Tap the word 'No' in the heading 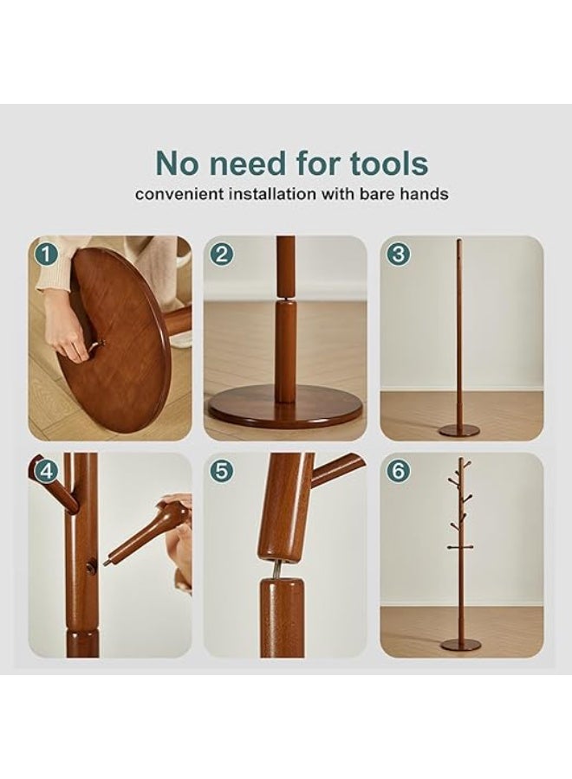181,163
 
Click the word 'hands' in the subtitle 424,194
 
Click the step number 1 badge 46,254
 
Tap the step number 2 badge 222,254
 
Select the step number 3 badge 398,254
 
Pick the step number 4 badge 46,471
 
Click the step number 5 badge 222,471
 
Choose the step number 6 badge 398,471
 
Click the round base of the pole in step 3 458,430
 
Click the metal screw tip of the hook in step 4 107,562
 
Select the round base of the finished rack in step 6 459,644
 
